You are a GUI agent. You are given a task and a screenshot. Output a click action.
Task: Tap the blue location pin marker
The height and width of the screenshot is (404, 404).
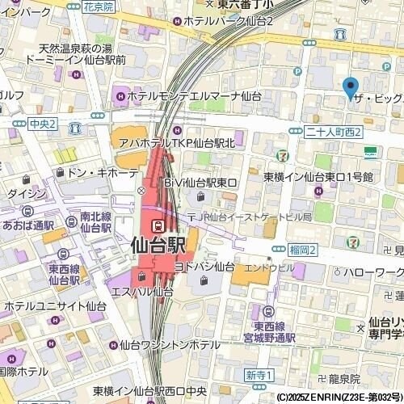point(350,86)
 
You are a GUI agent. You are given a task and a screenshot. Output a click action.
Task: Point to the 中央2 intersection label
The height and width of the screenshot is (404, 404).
point(41,124)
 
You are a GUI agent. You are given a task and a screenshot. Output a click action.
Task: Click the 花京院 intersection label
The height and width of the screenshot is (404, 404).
point(98,6)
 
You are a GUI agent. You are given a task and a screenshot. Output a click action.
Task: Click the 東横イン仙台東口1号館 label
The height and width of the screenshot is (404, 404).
point(318,176)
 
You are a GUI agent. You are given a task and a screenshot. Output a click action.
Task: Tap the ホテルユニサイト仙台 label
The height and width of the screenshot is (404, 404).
point(55,306)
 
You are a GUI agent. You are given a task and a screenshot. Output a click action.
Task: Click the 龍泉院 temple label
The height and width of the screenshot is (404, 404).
point(343,378)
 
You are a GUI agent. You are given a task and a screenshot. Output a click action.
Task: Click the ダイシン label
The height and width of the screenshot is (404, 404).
point(27,193)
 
